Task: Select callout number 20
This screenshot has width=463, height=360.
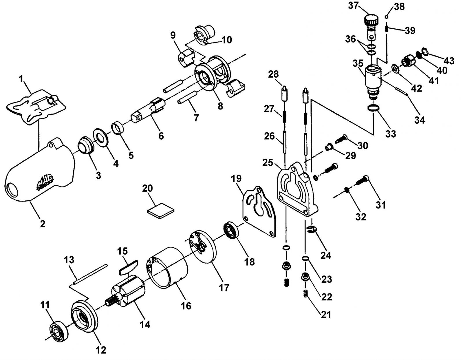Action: (x=148, y=188)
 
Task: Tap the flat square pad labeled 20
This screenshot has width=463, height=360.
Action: (x=161, y=211)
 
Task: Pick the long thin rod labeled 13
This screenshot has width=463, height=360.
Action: (x=90, y=274)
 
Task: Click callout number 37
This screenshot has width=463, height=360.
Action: (x=354, y=6)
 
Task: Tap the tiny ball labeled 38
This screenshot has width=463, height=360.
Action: (x=386, y=17)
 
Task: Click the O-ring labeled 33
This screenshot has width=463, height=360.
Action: (x=373, y=108)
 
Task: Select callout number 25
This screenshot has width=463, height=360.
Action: (x=268, y=163)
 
